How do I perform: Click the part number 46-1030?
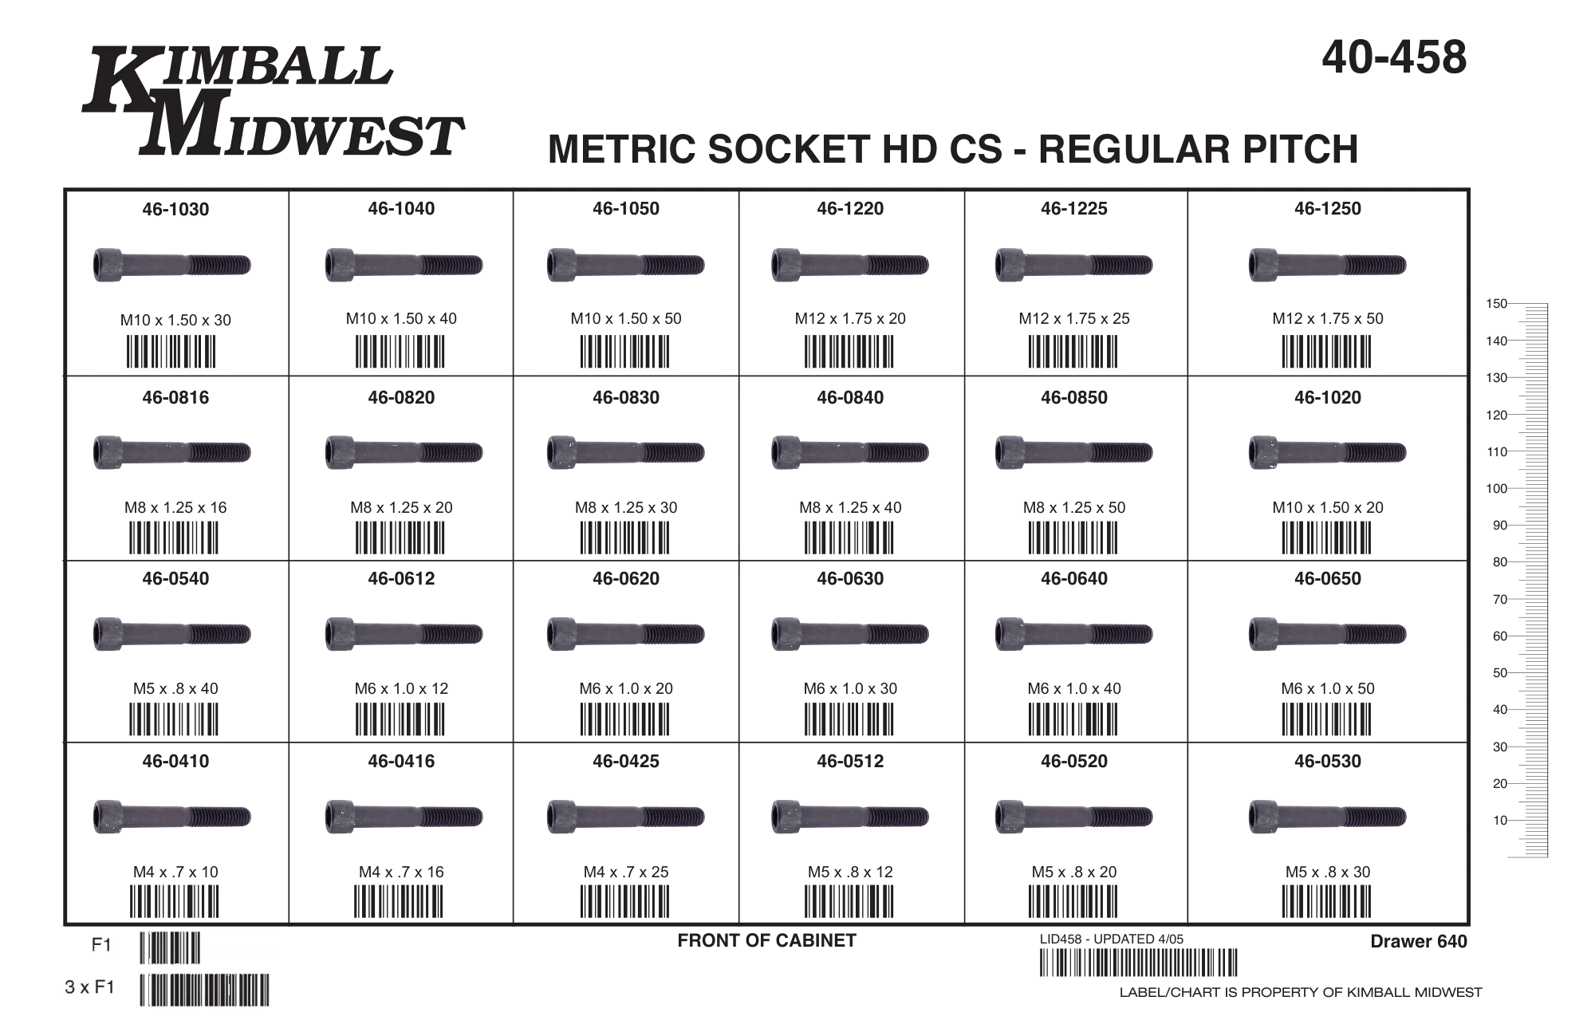tap(175, 210)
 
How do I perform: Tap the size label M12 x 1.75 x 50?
tap(1328, 319)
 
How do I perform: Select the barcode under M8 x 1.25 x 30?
tap(624, 538)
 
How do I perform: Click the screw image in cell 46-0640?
tap(1073, 634)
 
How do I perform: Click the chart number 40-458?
tap(1394, 58)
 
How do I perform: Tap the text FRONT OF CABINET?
tap(766, 941)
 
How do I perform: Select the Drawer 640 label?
tap(1419, 942)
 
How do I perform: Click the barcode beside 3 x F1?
tap(205, 990)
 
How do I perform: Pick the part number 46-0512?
tap(850, 762)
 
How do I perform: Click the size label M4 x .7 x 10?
tap(175, 872)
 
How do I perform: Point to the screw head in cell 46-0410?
tap(108, 817)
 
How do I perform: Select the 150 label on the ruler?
tap(1496, 304)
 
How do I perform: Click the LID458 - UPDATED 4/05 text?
tap(1111, 939)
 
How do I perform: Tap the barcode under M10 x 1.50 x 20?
tap(1326, 538)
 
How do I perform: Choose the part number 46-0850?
tap(1073, 398)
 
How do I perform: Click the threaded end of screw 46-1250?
tap(1376, 265)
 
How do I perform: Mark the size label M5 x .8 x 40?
tap(175, 689)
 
